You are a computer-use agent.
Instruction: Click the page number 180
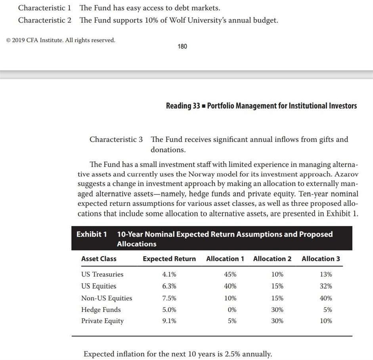182,46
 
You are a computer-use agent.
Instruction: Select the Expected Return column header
169,259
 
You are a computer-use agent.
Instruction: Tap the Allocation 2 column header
272,259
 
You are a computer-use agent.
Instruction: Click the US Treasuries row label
102,274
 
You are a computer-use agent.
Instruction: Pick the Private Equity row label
102,321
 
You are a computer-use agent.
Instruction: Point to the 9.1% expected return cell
169,321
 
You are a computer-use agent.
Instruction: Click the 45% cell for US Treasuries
230,274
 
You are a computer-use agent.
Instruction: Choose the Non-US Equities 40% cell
326,298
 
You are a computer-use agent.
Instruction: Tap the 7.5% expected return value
169,298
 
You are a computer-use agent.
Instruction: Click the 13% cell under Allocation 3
326,274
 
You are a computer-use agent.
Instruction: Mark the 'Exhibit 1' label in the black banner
92,234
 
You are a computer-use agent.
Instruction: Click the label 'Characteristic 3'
116,139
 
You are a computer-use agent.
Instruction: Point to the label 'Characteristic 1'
45,8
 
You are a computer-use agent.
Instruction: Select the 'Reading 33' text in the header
183,106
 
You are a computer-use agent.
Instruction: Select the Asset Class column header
99,259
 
